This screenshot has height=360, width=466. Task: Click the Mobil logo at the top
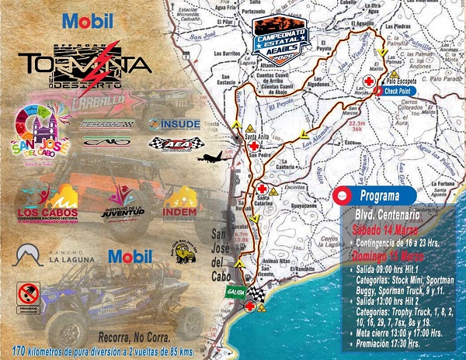click(x=83, y=21)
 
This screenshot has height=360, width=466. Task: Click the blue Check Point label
click(x=398, y=90)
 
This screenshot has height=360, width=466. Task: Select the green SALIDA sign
click(x=236, y=291)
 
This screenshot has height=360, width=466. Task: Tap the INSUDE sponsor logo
click(x=175, y=123)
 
